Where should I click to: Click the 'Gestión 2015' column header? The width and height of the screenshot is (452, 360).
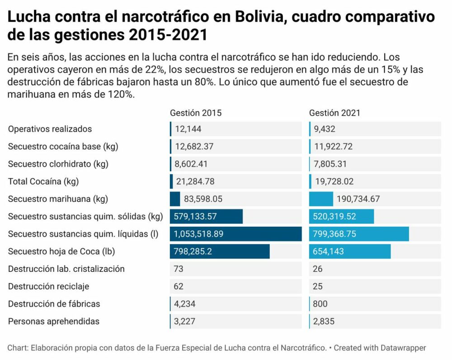point(196,113)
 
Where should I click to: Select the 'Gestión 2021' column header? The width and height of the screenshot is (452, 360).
point(334,113)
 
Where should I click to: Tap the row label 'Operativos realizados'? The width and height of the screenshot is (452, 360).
point(50,129)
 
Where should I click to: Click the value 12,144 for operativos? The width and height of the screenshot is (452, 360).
point(188,129)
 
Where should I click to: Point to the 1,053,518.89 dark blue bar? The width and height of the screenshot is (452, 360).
point(235,234)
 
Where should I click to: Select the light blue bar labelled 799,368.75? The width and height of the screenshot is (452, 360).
point(359,234)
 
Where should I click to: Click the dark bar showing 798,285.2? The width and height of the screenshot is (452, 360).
point(220,252)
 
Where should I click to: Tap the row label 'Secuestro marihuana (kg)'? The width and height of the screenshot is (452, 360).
point(58,199)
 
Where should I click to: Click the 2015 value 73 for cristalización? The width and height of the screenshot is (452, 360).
point(179,269)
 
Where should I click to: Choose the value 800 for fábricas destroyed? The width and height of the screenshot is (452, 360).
point(320,304)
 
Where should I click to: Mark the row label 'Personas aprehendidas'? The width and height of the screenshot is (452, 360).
point(54,322)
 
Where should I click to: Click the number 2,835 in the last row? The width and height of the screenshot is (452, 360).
point(322,322)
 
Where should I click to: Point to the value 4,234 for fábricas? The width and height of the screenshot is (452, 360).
point(184,304)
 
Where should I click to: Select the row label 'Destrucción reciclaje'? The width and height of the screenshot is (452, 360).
point(49,286)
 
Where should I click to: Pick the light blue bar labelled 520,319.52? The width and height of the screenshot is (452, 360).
point(341,216)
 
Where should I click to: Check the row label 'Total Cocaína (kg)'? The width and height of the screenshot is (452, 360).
point(43,182)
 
